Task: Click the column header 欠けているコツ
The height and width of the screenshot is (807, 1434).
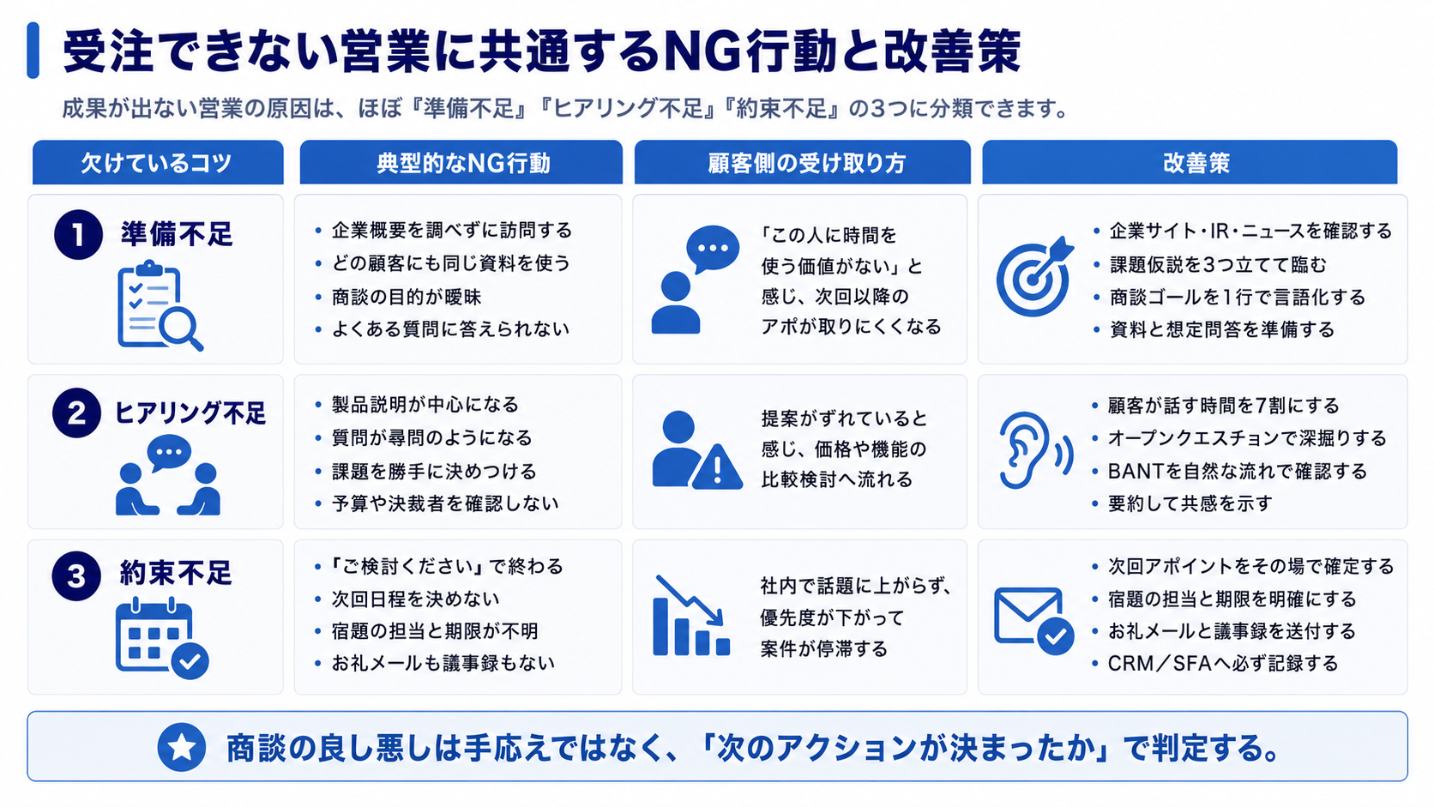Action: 158,163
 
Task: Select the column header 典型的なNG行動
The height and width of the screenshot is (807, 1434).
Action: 461,163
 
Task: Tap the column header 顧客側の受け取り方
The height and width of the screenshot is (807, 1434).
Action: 802,163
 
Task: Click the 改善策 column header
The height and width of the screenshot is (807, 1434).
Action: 1190,163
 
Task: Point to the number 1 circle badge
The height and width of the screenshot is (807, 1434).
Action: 78,235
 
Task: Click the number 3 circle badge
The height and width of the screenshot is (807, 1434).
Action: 76,576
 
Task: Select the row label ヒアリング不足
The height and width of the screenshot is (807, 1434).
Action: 190,413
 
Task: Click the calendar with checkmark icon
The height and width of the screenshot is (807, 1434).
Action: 162,638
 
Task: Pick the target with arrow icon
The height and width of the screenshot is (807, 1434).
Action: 1034,276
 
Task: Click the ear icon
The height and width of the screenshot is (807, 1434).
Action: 1033,450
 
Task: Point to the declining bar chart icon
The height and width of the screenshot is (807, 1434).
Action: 690,616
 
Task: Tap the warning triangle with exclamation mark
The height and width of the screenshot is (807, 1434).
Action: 718,467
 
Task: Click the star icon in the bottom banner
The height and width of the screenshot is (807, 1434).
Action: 182,747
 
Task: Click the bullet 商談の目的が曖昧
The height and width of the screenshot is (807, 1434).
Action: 406,297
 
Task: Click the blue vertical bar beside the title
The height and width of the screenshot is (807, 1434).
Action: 33,50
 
